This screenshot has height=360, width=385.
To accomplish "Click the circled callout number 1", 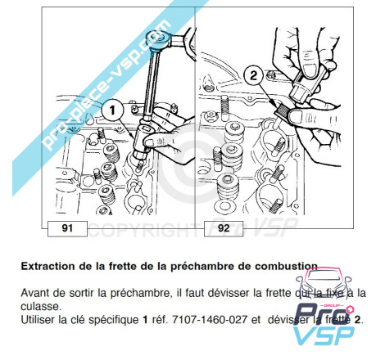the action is tap(112, 110).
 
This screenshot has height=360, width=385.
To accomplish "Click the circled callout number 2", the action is tap(254, 75).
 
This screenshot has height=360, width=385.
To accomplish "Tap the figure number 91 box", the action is tap(67, 228).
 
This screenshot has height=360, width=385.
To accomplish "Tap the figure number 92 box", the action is tap(224, 228).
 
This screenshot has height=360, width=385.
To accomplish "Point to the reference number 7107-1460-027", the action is tap(210, 320).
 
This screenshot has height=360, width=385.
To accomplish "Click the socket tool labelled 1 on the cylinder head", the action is tap(143, 142).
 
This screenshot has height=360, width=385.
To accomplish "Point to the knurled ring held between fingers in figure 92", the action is tap(283, 111).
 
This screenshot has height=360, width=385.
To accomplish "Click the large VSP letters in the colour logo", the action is tap(324, 335).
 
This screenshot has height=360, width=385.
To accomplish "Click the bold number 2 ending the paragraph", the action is tap(357, 320).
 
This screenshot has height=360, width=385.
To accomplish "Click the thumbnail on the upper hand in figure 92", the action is tap(310, 70).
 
